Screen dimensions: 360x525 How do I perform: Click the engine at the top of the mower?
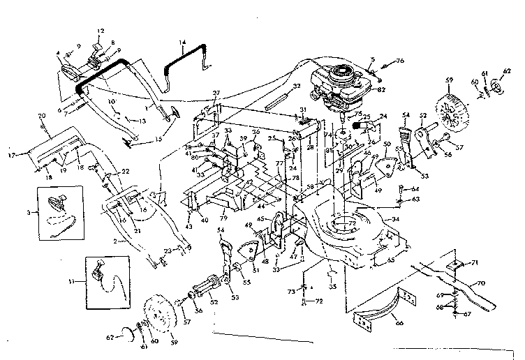pyautogui.click(x=341, y=84)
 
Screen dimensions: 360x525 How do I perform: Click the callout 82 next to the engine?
pyautogui.click(x=381, y=90)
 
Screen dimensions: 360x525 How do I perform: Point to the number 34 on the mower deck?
pyautogui.click(x=396, y=219)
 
